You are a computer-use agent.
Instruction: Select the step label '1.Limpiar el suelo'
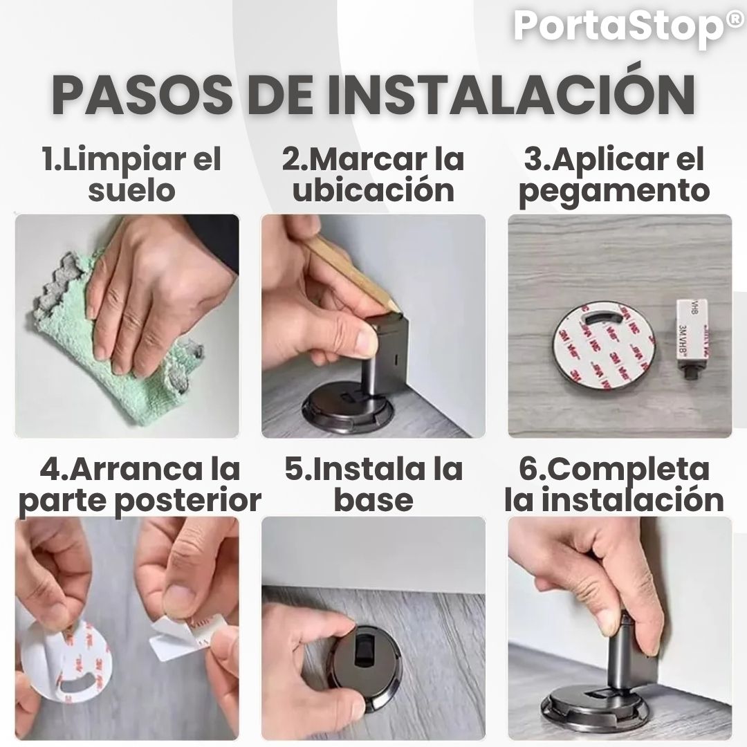tap(132, 174)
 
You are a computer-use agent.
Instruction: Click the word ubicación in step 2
tap(373, 190)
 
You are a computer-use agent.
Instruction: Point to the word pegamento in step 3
tap(614, 192)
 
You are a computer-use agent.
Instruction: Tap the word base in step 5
tap(373, 500)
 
